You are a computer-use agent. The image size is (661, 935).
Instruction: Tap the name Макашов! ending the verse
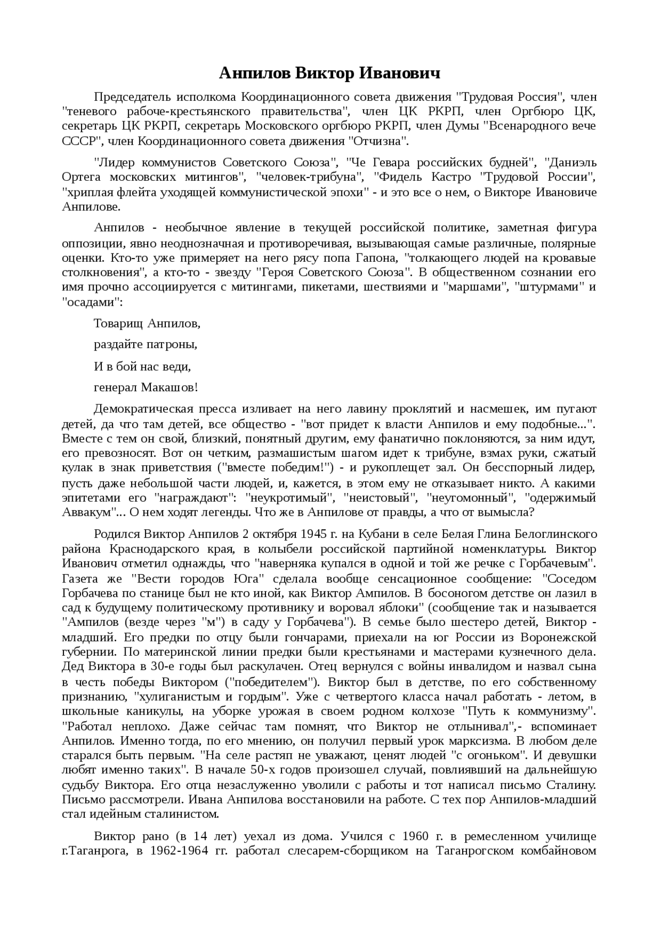[x=170, y=387]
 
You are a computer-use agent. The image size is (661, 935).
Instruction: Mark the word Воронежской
[x=558, y=636]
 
